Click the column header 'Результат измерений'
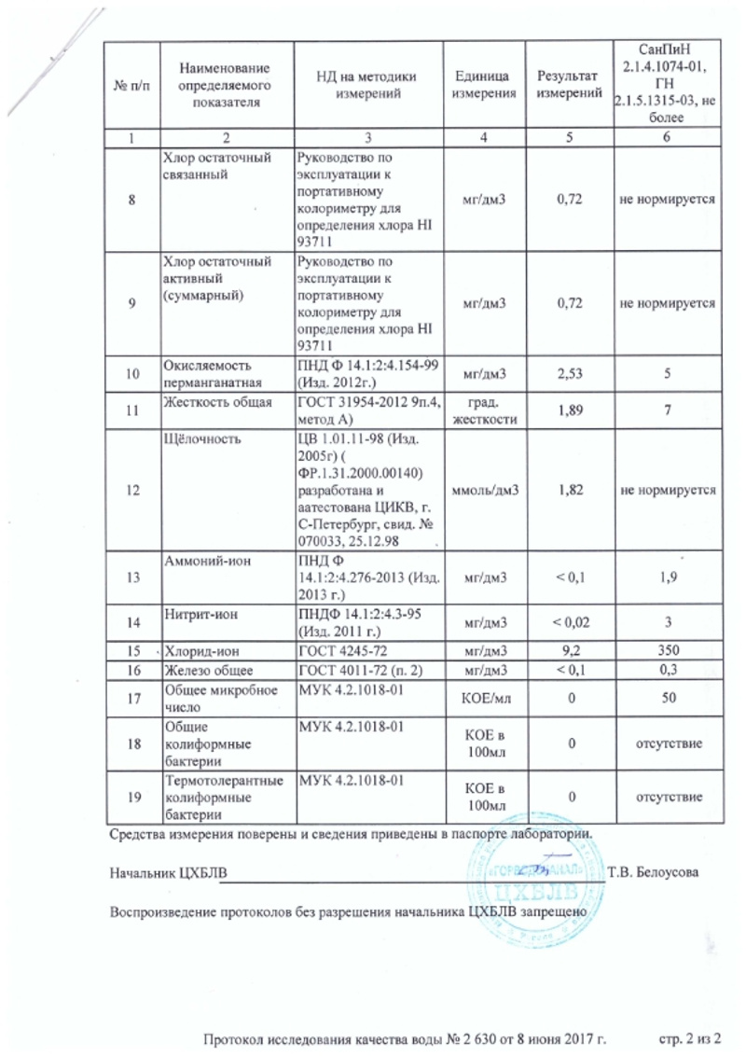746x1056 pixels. (562, 85)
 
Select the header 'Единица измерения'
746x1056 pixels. (482, 85)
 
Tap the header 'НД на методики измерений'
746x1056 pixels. (366, 85)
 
